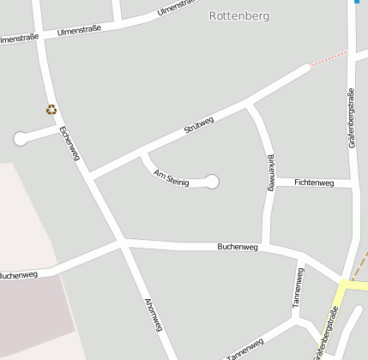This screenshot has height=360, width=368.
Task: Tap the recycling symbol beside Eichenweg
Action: [x=51, y=110]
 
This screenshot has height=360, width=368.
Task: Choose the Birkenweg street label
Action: [x=271, y=171]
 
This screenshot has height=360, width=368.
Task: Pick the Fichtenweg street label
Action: [x=313, y=183]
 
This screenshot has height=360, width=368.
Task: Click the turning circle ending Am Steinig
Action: [x=212, y=181]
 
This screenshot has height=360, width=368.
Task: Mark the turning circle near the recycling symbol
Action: [x=21, y=138]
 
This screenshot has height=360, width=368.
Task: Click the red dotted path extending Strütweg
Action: [x=329, y=59]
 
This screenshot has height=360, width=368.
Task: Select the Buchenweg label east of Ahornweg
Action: [x=238, y=246]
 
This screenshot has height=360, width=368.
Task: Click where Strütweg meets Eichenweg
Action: [x=90, y=177]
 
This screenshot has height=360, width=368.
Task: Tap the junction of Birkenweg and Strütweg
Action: [x=249, y=104]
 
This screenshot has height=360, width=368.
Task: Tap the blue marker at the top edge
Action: [x=356, y=3]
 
